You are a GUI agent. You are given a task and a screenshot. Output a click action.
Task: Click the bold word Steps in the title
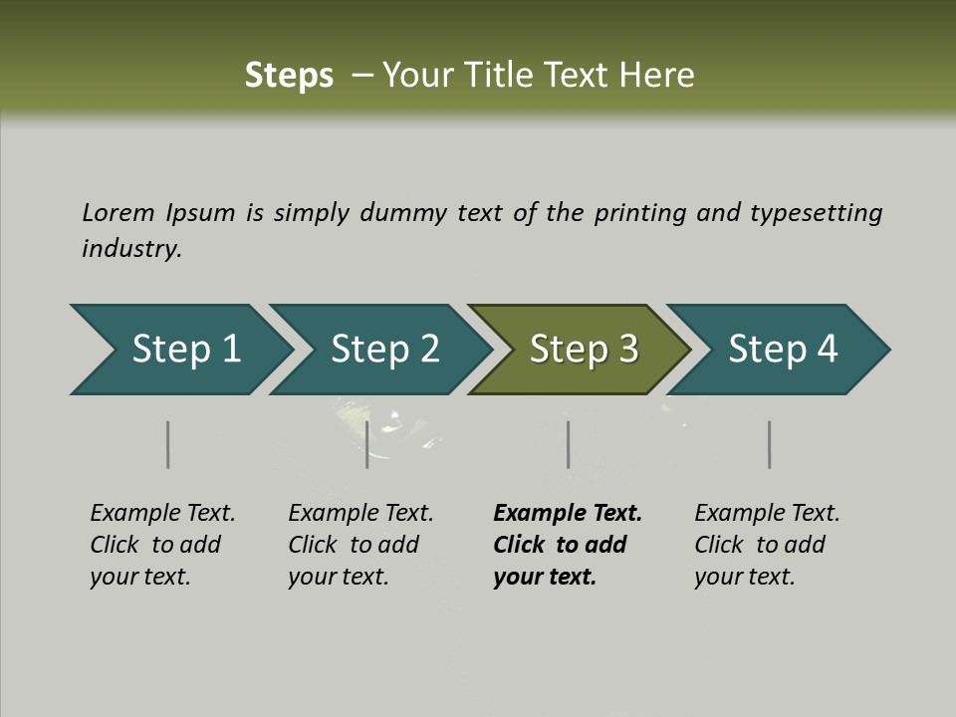pyautogui.click(x=289, y=75)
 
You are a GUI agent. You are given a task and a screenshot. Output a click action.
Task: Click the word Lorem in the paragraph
pyautogui.click(x=118, y=212)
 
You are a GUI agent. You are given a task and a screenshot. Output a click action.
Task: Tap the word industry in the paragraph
pyautogui.click(x=131, y=248)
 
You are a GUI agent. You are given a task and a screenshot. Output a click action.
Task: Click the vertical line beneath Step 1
pyautogui.click(x=168, y=444)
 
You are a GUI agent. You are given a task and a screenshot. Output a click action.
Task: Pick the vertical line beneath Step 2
pyautogui.click(x=367, y=444)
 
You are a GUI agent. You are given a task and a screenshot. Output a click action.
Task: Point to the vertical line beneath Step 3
pyautogui.click(x=568, y=444)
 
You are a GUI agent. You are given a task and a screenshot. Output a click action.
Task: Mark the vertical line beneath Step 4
pyautogui.click(x=769, y=444)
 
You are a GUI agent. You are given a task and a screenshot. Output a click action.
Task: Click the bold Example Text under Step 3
pyautogui.click(x=568, y=513)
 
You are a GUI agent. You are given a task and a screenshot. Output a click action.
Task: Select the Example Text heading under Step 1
pyautogui.click(x=162, y=513)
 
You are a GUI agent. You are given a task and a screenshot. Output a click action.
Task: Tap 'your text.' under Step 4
pyautogui.click(x=745, y=577)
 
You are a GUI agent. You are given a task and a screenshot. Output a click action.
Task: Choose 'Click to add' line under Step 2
pyautogui.click(x=354, y=545)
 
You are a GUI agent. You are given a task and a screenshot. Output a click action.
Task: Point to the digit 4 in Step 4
pyautogui.click(x=827, y=350)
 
